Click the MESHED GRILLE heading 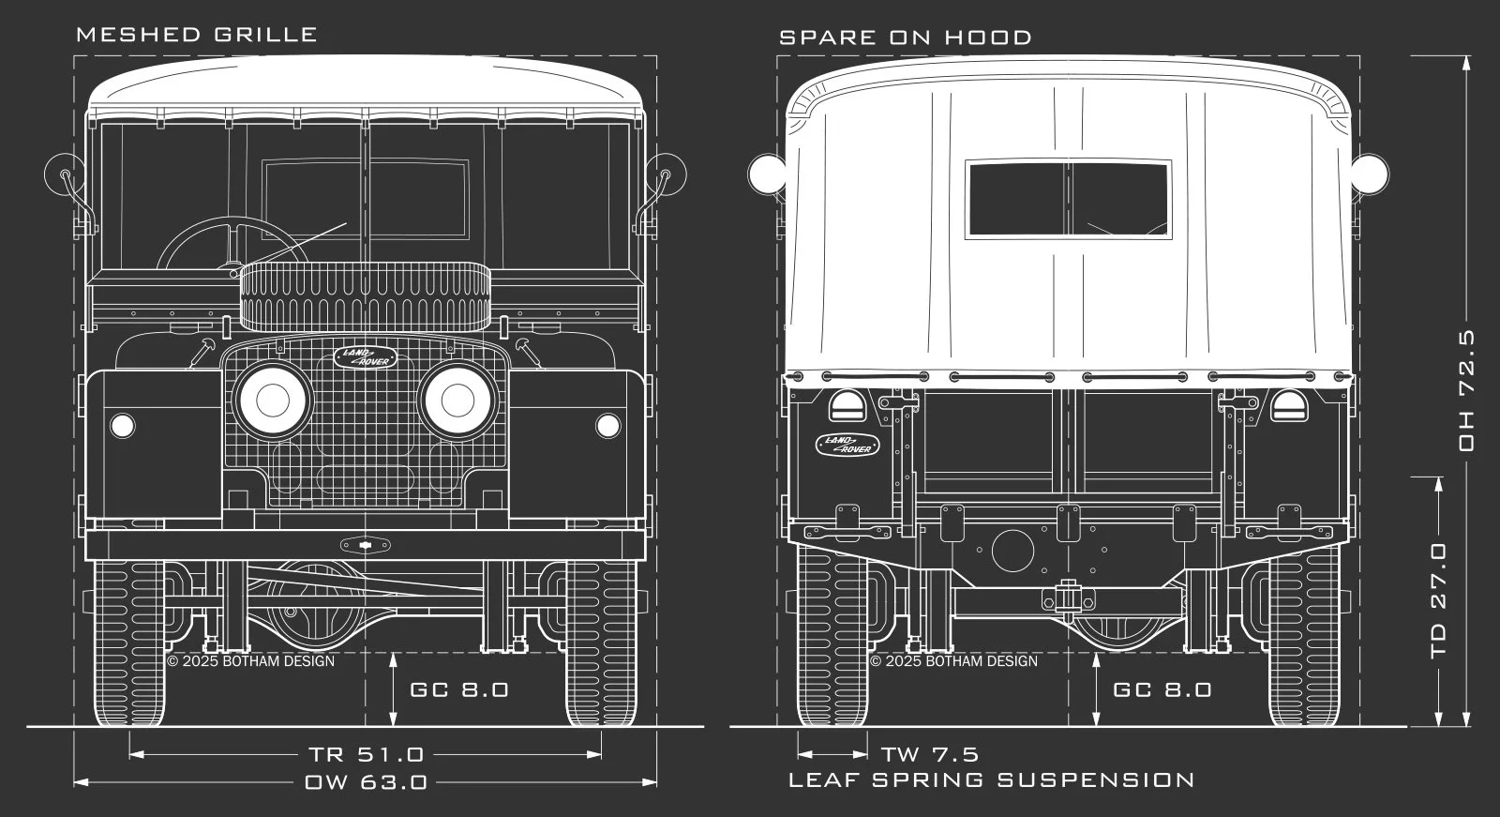click(197, 34)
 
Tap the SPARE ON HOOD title click(906, 38)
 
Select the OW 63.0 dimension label click(366, 782)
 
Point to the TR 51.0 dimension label click(367, 755)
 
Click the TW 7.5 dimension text click(930, 755)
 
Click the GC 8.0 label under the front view click(459, 689)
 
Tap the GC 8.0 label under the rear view click(1162, 689)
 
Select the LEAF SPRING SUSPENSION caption click(992, 780)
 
